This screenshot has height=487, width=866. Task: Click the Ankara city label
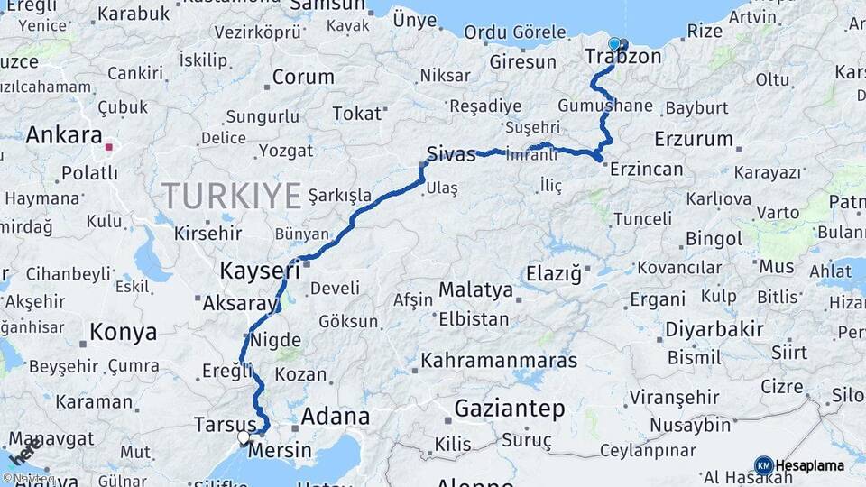64,135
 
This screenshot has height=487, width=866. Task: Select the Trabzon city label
623,58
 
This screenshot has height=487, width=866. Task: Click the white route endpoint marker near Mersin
244,437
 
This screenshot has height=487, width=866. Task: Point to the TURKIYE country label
232,195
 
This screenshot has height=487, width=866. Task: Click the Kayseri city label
260,270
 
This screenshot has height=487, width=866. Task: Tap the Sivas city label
451,153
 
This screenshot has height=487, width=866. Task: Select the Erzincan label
647,168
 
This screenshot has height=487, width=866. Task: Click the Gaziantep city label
510,409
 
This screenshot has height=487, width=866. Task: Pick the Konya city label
124,332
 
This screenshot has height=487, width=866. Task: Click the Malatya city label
475,290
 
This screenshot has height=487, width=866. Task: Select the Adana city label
335,417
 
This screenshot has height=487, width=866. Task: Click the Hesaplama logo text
809,466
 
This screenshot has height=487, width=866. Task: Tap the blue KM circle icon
763,465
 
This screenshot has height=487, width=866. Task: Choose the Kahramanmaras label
499,360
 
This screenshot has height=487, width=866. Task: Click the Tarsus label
226,425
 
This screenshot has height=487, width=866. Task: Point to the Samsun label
331,5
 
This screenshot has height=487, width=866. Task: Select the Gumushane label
604,106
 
